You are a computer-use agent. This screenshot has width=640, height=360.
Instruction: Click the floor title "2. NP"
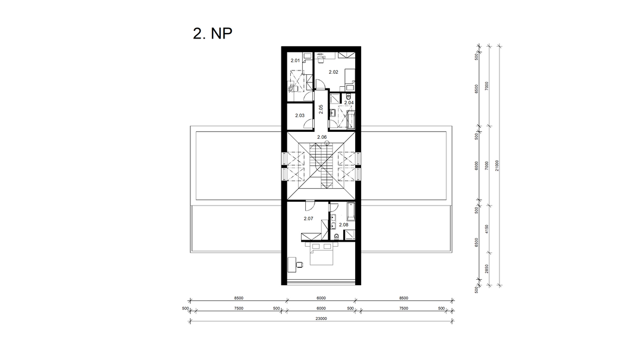click(x=213, y=34)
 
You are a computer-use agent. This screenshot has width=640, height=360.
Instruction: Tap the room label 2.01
click(x=295, y=60)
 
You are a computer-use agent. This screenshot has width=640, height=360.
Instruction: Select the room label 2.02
click(x=334, y=72)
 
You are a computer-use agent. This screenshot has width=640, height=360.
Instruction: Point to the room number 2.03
click(x=299, y=115)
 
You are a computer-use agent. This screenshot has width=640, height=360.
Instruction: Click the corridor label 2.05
click(x=321, y=109)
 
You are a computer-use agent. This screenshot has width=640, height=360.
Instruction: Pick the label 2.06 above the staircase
click(x=322, y=137)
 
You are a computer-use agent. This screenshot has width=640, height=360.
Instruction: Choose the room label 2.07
click(x=309, y=219)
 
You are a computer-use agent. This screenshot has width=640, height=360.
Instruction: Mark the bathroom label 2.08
click(x=344, y=225)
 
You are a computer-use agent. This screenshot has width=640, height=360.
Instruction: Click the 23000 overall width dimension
click(x=321, y=318)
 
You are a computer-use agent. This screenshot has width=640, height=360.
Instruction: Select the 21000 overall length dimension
click(x=497, y=165)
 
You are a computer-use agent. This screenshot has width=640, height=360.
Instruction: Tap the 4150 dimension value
click(x=487, y=229)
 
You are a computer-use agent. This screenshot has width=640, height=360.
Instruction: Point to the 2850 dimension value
click(x=487, y=269)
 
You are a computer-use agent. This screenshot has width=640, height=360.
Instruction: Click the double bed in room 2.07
click(x=322, y=254)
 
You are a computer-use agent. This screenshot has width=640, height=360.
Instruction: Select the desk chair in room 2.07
click(x=300, y=265)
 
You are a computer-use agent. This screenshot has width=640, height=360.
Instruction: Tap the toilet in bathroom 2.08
click(x=336, y=236)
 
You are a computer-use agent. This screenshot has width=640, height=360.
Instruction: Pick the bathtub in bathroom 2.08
click(x=350, y=211)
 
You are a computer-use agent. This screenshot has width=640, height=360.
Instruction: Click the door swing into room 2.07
click(x=311, y=205)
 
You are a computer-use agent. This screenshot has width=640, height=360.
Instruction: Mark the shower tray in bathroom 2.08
click(x=349, y=235)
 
